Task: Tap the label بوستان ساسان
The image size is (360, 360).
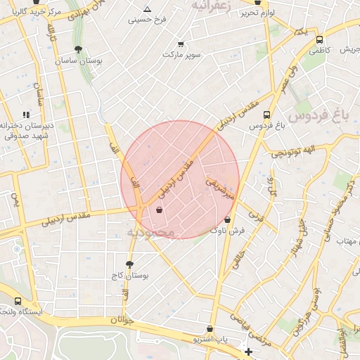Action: pos(79,61)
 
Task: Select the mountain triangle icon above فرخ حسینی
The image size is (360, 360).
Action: pos(147,9)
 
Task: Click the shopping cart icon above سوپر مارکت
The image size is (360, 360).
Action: pos(181,43)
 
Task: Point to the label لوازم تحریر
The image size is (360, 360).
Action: pos(257,13)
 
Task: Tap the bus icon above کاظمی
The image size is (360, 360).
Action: pos(320,40)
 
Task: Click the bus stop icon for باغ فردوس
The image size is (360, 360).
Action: pos(266,115)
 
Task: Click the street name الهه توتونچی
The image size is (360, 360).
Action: pos(299,150)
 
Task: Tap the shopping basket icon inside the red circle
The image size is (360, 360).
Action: pos(160,210)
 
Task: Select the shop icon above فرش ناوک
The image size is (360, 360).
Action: pos(226,219)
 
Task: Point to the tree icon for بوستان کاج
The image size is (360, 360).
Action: pos(129,264)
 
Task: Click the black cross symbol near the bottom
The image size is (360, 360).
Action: pos(247,351)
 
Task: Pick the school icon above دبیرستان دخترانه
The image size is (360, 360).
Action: pos(26,114)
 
